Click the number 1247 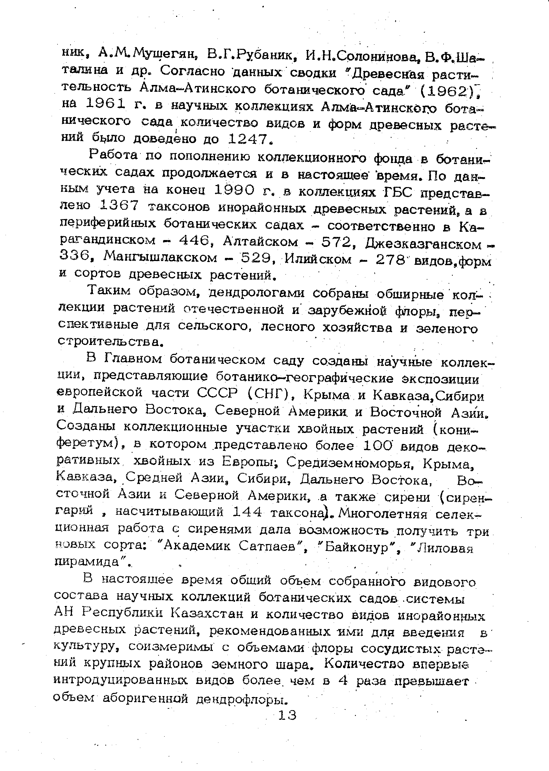pyautogui.click(x=247, y=139)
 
